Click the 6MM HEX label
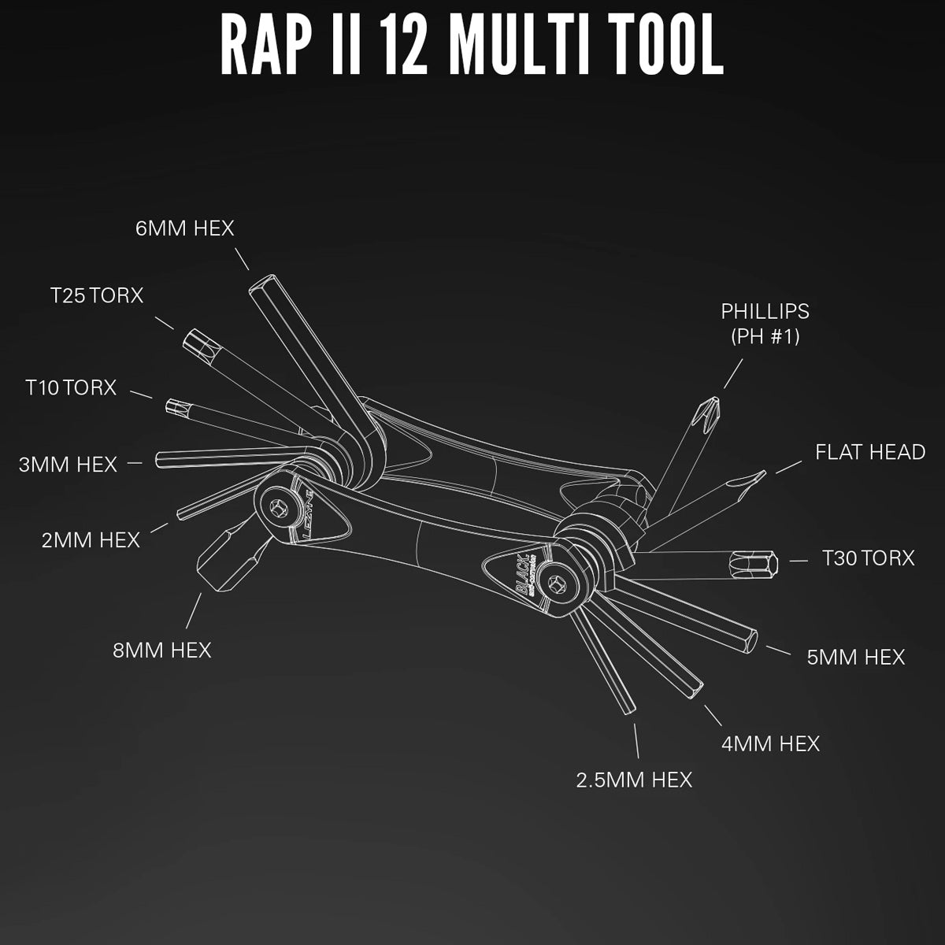coord(185,228)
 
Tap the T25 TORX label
coord(97,295)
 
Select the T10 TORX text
coord(70,387)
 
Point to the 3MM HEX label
coord(68,465)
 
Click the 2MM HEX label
coord(91,540)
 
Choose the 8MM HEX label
coord(161,650)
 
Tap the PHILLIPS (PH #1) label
coord(765,323)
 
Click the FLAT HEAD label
coord(869,452)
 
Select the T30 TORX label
coord(868,558)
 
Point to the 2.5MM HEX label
coord(634,780)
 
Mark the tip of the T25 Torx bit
coord(193,341)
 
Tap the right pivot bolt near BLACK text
coord(558,586)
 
